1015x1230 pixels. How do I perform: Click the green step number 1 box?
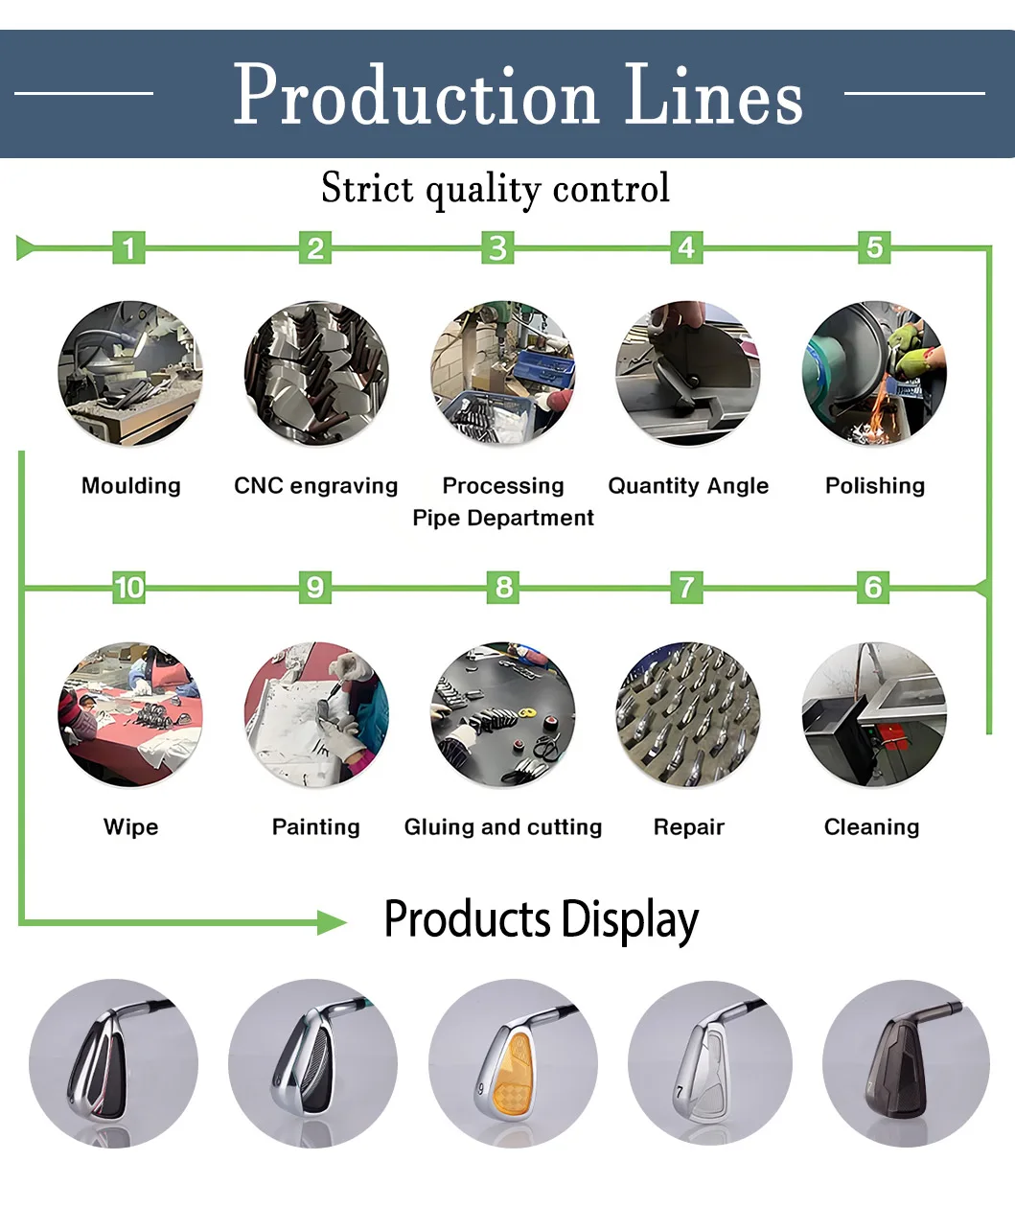click(129, 248)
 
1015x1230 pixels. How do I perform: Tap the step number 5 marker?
click(874, 247)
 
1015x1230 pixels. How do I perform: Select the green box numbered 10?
click(128, 587)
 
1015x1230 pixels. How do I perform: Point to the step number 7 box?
click(686, 587)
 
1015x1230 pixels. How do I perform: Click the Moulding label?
click(131, 486)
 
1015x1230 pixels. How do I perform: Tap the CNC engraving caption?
click(315, 486)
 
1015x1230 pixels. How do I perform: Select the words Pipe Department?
click(503, 518)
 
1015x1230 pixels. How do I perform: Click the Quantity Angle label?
click(688, 486)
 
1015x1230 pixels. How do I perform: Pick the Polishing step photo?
click(874, 374)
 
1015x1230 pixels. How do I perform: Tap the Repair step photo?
click(688, 714)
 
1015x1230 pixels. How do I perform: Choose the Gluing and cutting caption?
click(503, 826)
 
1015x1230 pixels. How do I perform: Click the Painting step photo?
click(316, 714)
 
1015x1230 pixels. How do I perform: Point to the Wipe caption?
click(131, 826)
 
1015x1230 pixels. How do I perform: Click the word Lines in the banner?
click(714, 96)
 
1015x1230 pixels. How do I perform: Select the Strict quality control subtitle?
click(496, 188)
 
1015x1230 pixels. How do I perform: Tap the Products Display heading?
click(542, 919)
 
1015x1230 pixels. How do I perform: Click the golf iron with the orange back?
click(513, 1062)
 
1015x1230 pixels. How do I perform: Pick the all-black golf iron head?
click(905, 1062)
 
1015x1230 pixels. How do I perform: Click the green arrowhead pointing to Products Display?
click(333, 922)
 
